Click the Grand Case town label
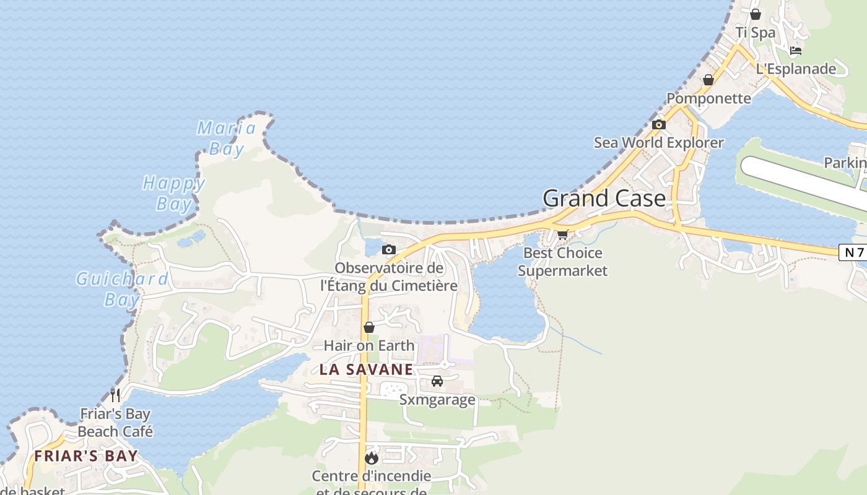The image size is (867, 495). click(604, 199)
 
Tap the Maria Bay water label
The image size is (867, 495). click(226, 138)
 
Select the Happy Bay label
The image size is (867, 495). click(174, 193)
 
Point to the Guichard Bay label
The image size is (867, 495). click(122, 289)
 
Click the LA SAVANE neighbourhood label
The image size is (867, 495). click(366, 370)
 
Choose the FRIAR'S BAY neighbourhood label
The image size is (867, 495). click(85, 457)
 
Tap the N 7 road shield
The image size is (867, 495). click(853, 252)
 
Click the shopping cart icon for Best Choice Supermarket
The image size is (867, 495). click(562, 235)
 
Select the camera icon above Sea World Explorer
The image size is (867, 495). click(659, 125)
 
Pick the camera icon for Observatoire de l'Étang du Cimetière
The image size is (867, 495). click(389, 250)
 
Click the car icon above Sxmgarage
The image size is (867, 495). click(437, 381)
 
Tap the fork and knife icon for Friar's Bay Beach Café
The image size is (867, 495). click(115, 395)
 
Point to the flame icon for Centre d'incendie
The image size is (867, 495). click(372, 458)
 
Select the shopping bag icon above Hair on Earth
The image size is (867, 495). click(369, 327)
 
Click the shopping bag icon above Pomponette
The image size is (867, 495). click(708, 80)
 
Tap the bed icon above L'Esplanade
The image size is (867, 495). click(796, 51)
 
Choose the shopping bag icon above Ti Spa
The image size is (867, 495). click(756, 14)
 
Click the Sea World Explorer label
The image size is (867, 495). click(659, 143)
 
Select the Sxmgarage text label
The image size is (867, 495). click(437, 400)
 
